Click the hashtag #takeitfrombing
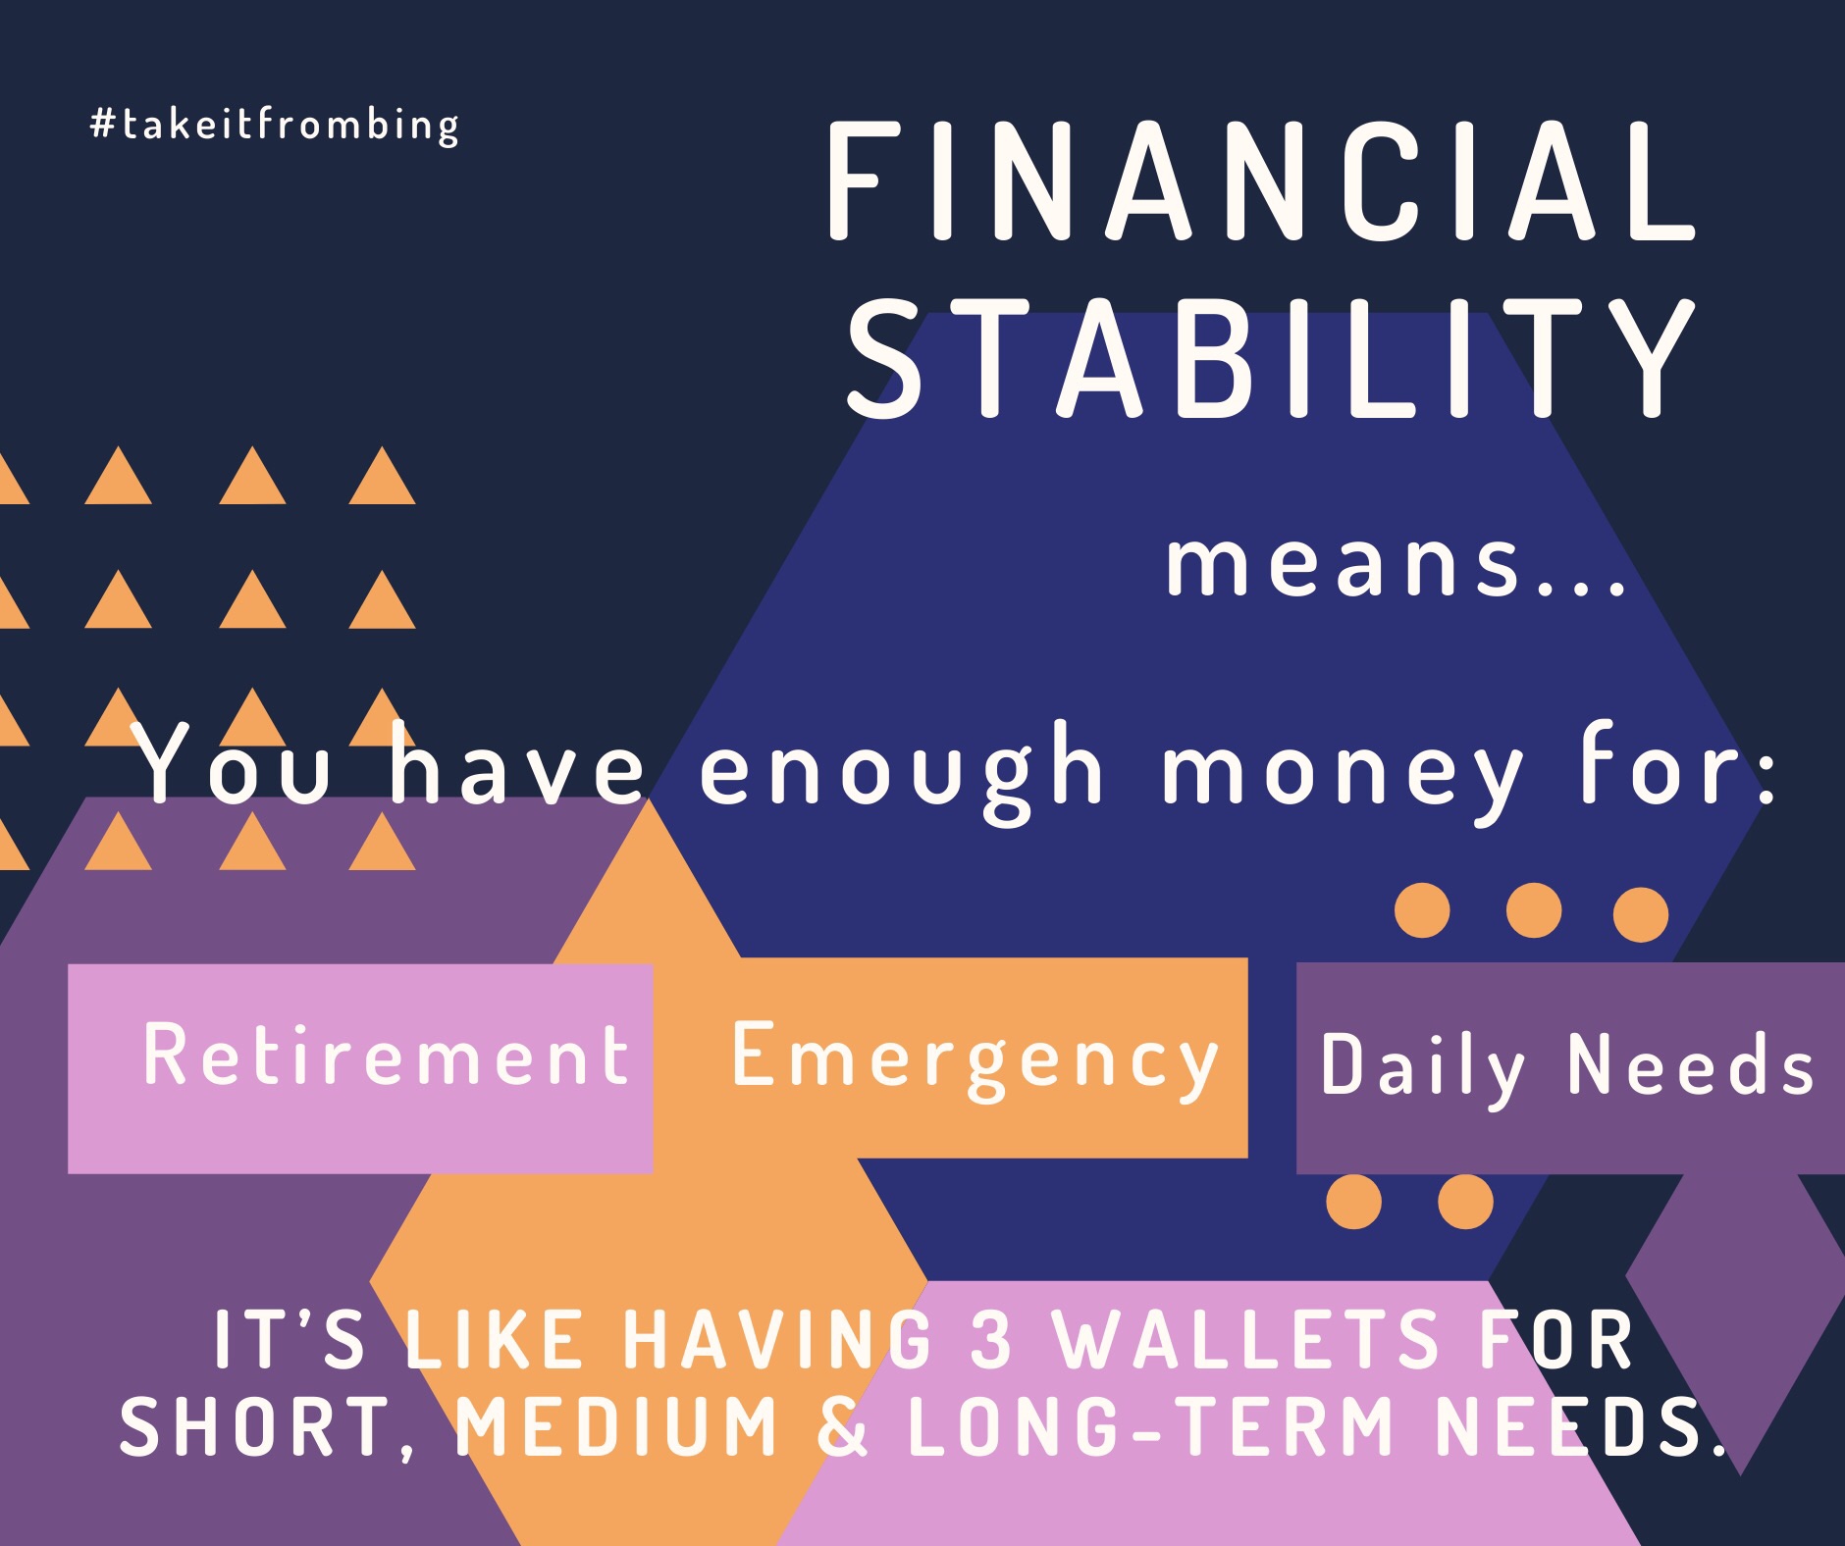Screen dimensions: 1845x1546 [275, 126]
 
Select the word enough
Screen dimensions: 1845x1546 [902, 770]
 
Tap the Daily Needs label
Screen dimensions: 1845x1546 [1567, 1066]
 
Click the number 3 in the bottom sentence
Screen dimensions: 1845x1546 [991, 1338]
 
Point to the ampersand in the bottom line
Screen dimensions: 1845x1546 [842, 1425]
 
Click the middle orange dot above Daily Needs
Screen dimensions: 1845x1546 [1533, 910]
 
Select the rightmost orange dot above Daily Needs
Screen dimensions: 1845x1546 [1641, 914]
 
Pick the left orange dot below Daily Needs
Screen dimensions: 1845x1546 [1354, 1202]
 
